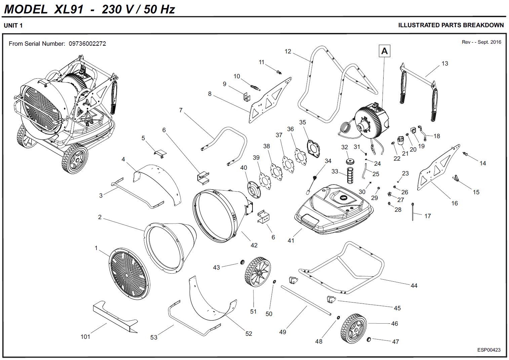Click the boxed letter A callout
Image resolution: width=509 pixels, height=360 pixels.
(385, 51)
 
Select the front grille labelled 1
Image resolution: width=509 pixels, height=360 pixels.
(129, 273)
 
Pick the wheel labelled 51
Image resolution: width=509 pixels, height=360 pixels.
(258, 272)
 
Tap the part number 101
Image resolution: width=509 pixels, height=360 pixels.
(85, 336)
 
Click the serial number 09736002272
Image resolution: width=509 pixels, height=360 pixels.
(87, 44)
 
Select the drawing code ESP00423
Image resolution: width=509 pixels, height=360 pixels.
(489, 350)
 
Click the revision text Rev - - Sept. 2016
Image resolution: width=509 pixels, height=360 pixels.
(481, 42)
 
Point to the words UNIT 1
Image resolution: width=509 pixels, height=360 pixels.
(13, 26)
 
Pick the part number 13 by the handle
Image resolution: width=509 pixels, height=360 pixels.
(444, 64)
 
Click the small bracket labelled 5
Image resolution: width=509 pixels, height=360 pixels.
(160, 153)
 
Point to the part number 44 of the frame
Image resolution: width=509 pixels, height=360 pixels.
(414, 285)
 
